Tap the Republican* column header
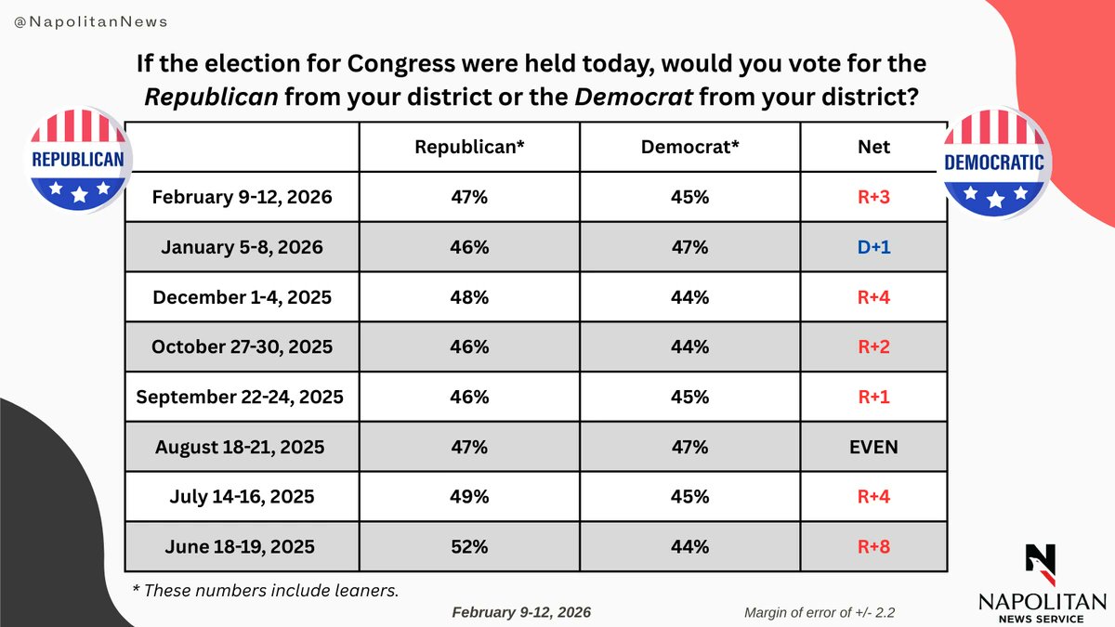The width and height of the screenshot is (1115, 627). pyautogui.click(x=470, y=146)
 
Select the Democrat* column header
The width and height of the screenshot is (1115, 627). pyautogui.click(x=689, y=146)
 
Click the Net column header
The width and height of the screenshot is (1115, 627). pyautogui.click(x=873, y=146)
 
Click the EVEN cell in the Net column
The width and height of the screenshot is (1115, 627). pyautogui.click(x=873, y=447)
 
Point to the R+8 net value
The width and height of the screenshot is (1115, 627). pyautogui.click(x=873, y=547)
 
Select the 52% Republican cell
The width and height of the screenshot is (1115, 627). pyautogui.click(x=470, y=547)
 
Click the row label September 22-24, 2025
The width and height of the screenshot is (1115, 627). pyautogui.click(x=241, y=397)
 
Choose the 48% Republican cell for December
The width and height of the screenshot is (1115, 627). pyautogui.click(x=470, y=296)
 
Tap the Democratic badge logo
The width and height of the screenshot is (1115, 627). pyautogui.click(x=996, y=163)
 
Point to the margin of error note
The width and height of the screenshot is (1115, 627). pyautogui.click(x=818, y=612)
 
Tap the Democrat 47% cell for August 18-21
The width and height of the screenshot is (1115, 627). pyautogui.click(x=689, y=447)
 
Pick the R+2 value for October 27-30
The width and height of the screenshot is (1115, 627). pyautogui.click(x=873, y=346)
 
